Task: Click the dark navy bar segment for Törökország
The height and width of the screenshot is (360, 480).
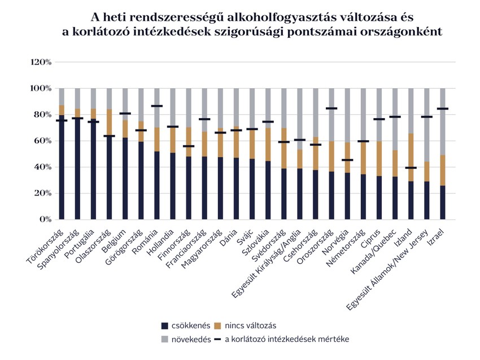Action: click(x=62, y=170)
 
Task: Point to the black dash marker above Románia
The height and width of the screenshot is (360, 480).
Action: click(x=156, y=106)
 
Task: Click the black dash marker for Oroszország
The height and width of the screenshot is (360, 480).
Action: click(x=331, y=108)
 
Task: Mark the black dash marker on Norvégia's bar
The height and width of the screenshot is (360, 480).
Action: click(x=347, y=160)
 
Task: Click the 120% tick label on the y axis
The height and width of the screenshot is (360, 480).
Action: click(x=41, y=62)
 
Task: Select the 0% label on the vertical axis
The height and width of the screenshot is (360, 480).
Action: click(x=46, y=219)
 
